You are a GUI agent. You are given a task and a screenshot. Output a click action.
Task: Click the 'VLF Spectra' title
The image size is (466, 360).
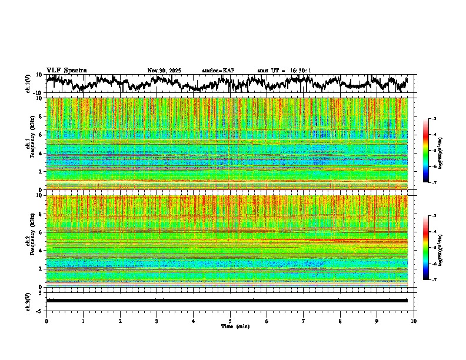pyautogui.click(x=66, y=71)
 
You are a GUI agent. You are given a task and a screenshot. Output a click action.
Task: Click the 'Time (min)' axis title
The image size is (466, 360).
pyautogui.click(x=230, y=326)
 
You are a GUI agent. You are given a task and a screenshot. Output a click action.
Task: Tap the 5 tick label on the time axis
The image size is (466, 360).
pyautogui.click(x=230, y=321)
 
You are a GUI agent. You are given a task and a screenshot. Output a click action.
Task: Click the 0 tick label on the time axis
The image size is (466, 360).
pyautogui.click(x=46, y=321)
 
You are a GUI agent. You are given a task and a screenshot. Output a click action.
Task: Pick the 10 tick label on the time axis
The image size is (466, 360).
pyautogui.click(x=414, y=321)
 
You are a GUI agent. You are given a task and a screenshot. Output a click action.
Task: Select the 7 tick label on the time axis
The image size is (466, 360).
pyautogui.click(x=304, y=321)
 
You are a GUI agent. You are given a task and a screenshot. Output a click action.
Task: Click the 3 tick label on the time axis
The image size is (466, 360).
pyautogui.click(x=157, y=321)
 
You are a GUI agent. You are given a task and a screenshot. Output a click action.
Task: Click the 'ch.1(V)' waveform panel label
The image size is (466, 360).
pyautogui.click(x=28, y=84)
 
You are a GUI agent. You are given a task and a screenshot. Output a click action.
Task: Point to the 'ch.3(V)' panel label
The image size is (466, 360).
pyautogui.click(x=28, y=301)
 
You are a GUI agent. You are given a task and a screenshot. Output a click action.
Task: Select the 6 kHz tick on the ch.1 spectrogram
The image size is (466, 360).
pyautogui.click(x=41, y=135)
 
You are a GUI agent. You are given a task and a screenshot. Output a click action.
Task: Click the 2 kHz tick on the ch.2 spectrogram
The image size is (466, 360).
pyautogui.click(x=41, y=269)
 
